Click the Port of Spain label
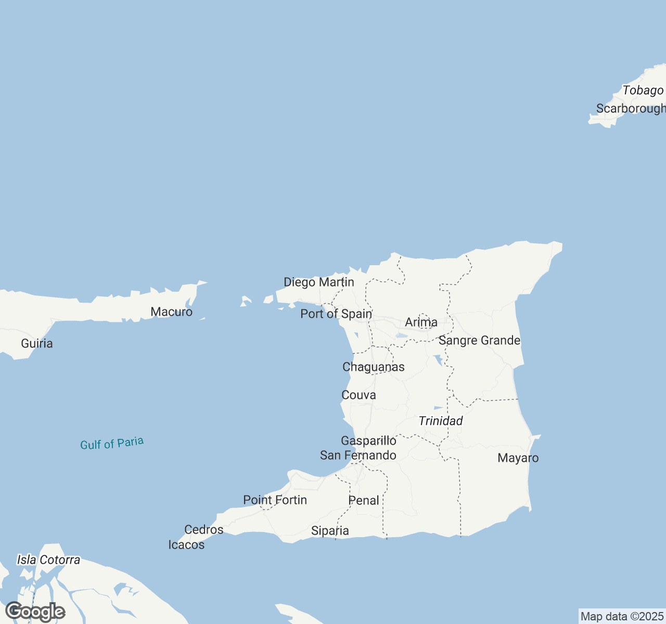[x=336, y=314]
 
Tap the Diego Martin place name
[x=318, y=282]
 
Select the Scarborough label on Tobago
[x=631, y=109]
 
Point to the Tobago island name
[x=643, y=90]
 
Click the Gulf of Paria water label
[x=112, y=443]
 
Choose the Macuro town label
[x=171, y=312]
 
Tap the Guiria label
[x=37, y=343]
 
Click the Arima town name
[x=421, y=322]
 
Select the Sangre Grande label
[x=479, y=341]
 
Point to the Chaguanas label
[x=373, y=367]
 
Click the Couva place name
[x=358, y=395]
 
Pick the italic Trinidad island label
[x=441, y=421]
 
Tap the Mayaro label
[x=518, y=458]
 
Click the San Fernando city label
[x=358, y=456]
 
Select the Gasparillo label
[x=368, y=441]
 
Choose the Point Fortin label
[x=275, y=500]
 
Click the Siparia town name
[x=330, y=531]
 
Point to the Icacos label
[x=186, y=545]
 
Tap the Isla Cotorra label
[x=48, y=560]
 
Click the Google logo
[x=35, y=612]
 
